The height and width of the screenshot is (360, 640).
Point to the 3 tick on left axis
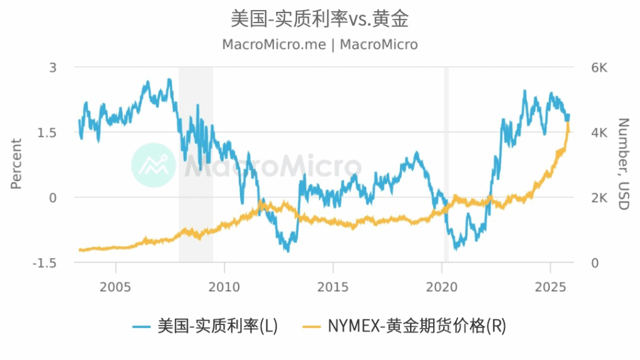[x=52, y=67]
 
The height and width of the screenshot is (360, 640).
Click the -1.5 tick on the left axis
[x=45, y=263]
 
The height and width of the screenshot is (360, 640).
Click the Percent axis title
[x=16, y=164]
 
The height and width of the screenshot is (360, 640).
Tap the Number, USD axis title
[x=622, y=164]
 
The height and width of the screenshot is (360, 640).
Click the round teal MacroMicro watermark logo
[x=154, y=165]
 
